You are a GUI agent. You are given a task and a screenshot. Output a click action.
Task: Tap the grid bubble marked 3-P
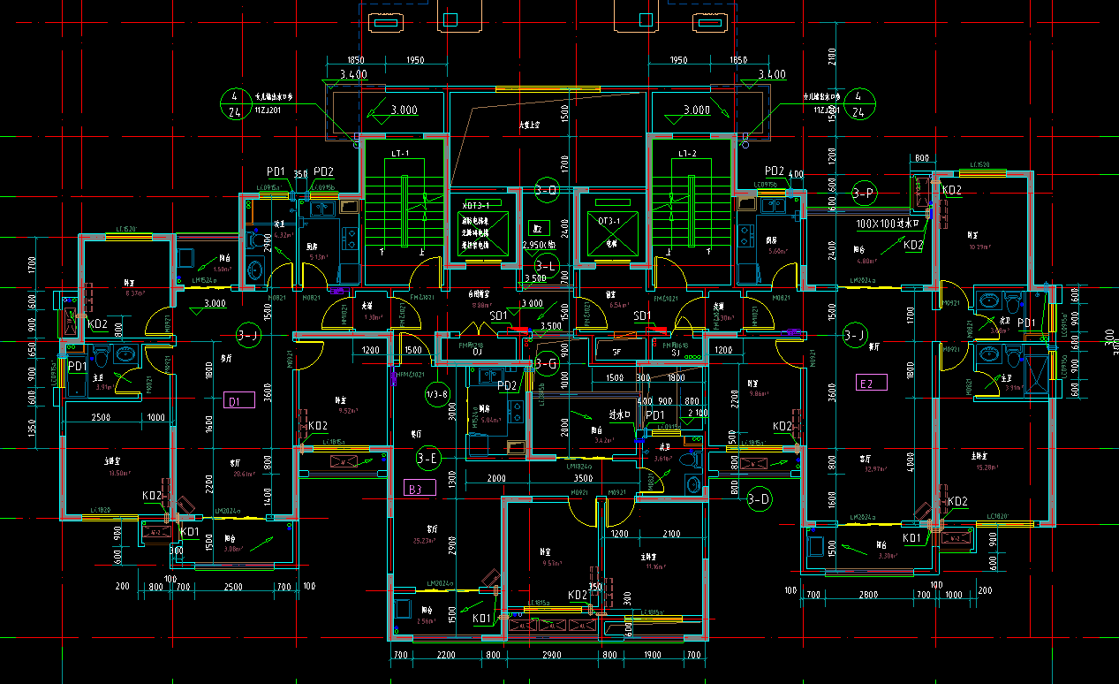[864, 193]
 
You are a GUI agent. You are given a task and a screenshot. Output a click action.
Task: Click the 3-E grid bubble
[428, 458]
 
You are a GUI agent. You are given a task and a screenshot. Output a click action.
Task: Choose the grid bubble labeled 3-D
[760, 499]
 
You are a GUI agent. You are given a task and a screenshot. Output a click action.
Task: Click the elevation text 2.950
[539, 245]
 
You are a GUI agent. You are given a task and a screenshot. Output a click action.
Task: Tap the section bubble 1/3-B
[437, 394]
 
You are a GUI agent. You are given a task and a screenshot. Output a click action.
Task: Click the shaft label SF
[617, 352]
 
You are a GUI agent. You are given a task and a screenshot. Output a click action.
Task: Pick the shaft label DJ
[477, 352]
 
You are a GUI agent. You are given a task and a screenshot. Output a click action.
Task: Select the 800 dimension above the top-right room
[922, 158]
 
